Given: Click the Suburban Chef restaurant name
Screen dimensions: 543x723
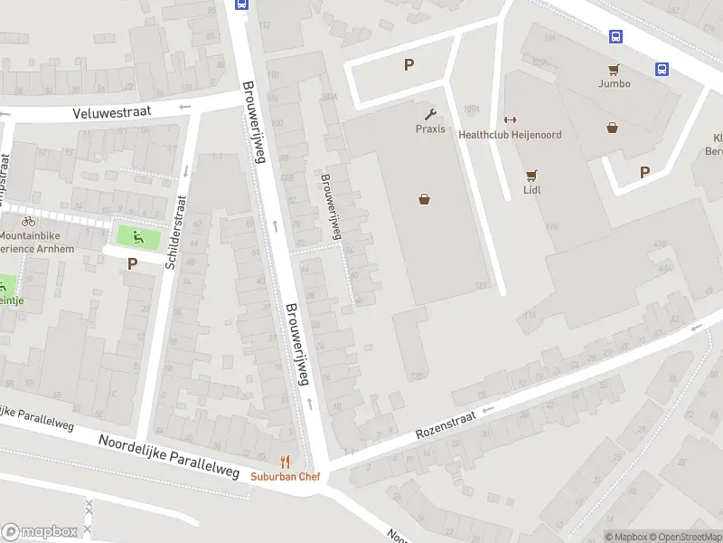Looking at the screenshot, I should point(286,476).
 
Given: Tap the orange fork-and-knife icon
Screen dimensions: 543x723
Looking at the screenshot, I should point(286,462).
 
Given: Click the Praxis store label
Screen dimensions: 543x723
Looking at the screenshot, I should point(430,129).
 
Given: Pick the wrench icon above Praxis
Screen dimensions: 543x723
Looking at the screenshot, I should point(430,114).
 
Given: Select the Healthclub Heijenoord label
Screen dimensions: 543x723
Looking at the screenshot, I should point(510,135).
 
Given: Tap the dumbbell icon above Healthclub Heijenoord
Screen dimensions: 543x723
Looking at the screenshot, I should point(510,120).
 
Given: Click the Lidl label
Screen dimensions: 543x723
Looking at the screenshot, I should point(531,190).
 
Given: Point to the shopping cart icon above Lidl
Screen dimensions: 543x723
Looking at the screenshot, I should point(531,176).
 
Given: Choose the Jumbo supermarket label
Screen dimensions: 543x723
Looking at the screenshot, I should point(614,83).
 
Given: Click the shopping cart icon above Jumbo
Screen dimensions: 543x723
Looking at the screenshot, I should point(614,69).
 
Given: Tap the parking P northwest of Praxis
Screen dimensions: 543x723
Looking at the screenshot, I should point(409,64).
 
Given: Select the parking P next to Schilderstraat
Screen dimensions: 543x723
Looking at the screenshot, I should point(132,264).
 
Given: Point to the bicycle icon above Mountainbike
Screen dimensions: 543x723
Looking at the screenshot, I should point(28,221).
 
